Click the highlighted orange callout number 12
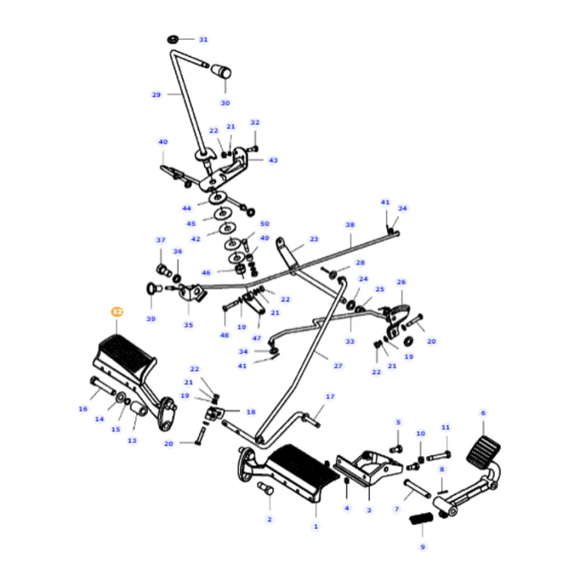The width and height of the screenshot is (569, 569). click(x=116, y=311)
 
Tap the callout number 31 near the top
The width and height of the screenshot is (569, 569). click(x=203, y=39)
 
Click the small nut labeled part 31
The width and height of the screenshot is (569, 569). click(x=173, y=39)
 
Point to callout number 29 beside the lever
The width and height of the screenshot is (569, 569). click(x=156, y=94)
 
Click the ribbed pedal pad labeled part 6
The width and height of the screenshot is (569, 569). click(x=482, y=448)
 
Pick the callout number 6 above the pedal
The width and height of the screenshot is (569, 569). click(x=483, y=413)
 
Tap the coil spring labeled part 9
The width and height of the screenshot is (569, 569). click(x=421, y=518)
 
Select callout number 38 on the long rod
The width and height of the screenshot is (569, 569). click(x=350, y=225)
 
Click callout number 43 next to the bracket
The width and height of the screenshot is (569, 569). click(x=273, y=160)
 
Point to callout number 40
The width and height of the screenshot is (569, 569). click(x=163, y=142)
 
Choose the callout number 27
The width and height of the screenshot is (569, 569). click(x=338, y=366)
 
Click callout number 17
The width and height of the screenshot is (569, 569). click(x=330, y=397)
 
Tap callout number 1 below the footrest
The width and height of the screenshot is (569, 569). click(x=316, y=527)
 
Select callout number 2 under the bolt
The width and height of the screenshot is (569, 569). click(x=269, y=519)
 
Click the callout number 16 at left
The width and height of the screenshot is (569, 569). click(x=83, y=409)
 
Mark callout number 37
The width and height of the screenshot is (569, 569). click(x=160, y=240)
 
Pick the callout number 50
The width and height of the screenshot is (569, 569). click(x=264, y=224)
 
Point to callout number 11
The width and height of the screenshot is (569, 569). click(x=445, y=427)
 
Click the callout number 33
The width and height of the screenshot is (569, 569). click(x=350, y=341)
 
